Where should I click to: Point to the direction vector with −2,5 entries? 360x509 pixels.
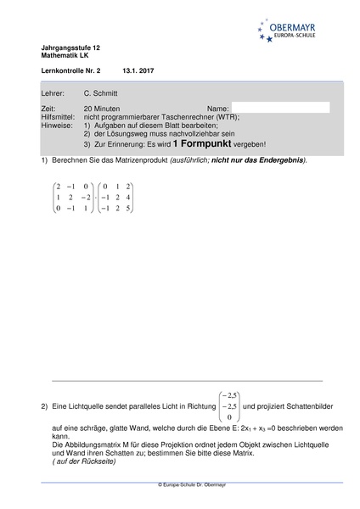[228, 406]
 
